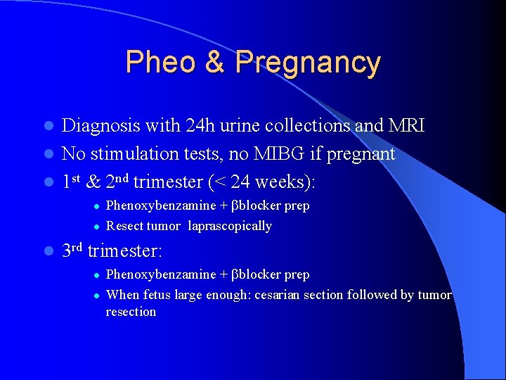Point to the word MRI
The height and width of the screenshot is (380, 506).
pos(406,125)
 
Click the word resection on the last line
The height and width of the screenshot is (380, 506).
pos(131,312)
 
